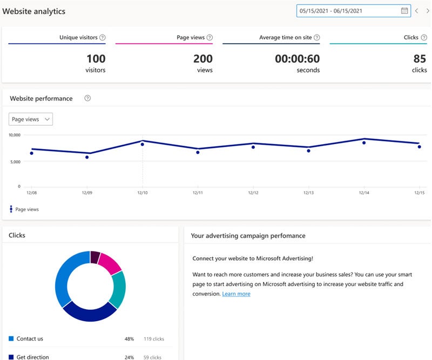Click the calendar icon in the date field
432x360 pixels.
pyautogui.click(x=404, y=11)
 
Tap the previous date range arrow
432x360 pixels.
pyautogui.click(x=416, y=11)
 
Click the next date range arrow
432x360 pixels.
pyautogui.click(x=428, y=11)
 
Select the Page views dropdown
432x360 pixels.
pyautogui.click(x=31, y=119)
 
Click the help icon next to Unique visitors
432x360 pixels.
pyautogui.click(x=103, y=38)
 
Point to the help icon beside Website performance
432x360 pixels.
pyautogui.click(x=87, y=98)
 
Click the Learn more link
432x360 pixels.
pyautogui.click(x=236, y=294)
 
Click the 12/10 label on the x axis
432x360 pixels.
pyautogui.click(x=142, y=193)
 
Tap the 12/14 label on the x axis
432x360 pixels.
pyautogui.click(x=364, y=193)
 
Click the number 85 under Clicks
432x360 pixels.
pyautogui.click(x=420, y=59)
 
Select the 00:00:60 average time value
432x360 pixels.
pyautogui.click(x=297, y=59)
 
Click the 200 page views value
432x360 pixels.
pyautogui.click(x=202, y=59)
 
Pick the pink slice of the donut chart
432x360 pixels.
pyautogui.click(x=110, y=263)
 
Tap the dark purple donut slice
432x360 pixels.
pyautogui.click(x=95, y=257)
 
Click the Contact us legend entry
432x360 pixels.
pyautogui.click(x=29, y=339)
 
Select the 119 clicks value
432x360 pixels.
pyautogui.click(x=154, y=339)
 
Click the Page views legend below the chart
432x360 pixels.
pyautogui.click(x=26, y=209)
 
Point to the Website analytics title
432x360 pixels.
pyautogui.click(x=35, y=11)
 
